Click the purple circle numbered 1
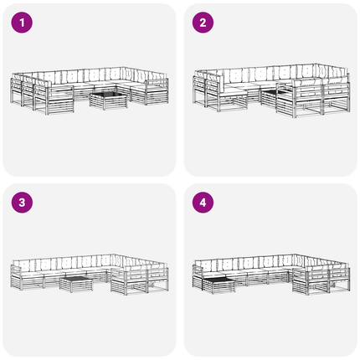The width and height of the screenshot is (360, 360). pos(22,23)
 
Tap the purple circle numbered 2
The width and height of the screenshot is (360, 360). pos(203,23)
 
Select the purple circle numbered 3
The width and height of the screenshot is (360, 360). pos(22,203)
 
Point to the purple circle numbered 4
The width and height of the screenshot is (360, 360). pos(203,203)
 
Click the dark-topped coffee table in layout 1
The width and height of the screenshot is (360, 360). pos(109,101)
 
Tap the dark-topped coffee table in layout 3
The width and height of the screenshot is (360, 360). pos(76,284)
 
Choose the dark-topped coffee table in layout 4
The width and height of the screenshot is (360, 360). pos(219,285)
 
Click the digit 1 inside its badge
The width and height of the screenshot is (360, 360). pos(22,23)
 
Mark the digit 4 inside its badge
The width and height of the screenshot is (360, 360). pos(203,203)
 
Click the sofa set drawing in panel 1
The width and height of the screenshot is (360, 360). pos(90,90)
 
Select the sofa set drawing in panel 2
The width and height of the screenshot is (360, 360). pos(271,90)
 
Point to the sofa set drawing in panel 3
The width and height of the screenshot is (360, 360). pos(90,275)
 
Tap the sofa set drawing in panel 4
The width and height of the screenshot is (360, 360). pos(271,275)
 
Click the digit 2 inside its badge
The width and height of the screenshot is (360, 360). pos(203,23)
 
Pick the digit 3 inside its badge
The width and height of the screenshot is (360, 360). pos(22,203)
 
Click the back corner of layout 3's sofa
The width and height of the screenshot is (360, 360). pos(113,255)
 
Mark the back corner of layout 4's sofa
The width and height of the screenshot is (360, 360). pos(294,255)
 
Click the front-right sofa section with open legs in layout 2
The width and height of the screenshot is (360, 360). pos(313,98)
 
